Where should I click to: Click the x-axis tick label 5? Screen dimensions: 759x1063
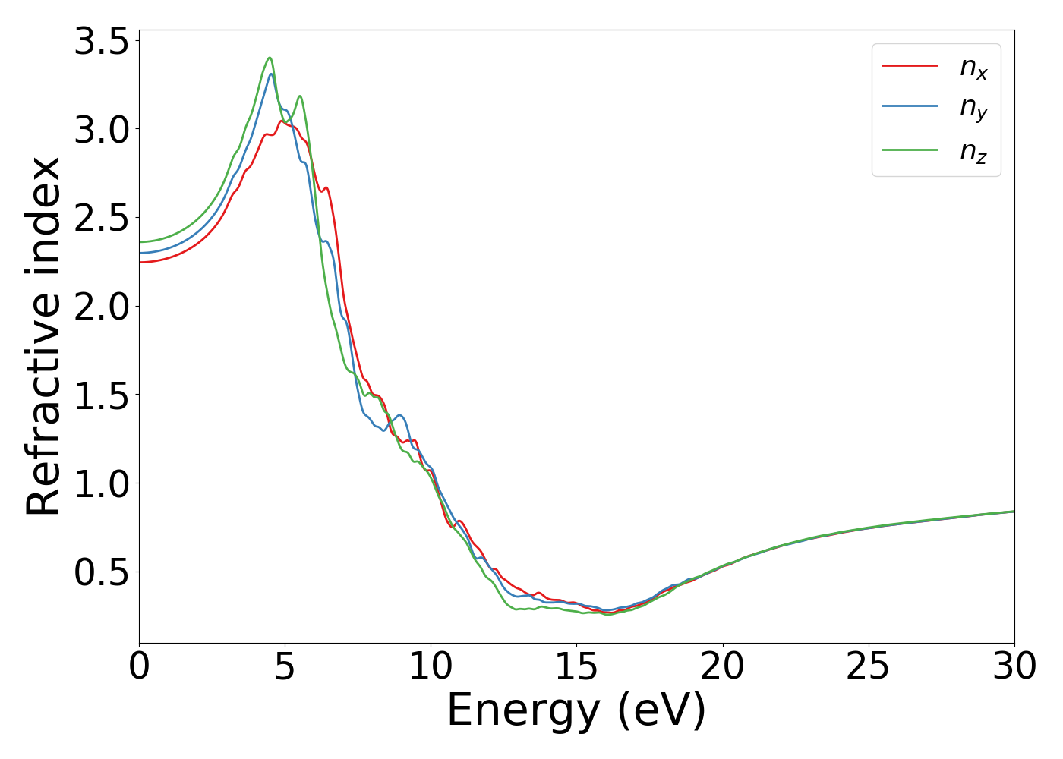point(285,667)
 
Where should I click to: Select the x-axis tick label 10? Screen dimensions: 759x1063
point(431,667)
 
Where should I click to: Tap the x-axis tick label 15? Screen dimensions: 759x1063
point(576,667)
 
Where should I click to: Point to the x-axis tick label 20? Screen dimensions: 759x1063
point(722,667)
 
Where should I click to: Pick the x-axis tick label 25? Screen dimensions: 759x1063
point(868,667)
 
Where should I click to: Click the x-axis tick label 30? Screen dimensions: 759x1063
point(1014,667)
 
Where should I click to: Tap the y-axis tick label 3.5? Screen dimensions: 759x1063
point(101,41)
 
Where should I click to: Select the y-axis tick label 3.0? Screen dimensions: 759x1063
point(101,130)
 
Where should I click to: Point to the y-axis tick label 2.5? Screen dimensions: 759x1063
point(101,219)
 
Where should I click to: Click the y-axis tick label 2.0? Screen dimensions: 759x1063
point(101,307)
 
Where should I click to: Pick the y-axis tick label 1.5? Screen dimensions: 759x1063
point(101,395)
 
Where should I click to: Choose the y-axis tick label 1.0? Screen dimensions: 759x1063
point(101,484)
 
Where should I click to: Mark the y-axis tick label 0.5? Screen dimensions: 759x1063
point(101,573)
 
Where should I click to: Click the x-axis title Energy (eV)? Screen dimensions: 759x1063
point(576,711)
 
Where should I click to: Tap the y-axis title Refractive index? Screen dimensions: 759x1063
point(43,336)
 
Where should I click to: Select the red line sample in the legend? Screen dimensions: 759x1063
point(910,66)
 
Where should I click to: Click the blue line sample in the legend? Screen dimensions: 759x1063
point(910,106)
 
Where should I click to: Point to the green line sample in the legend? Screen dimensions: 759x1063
point(910,150)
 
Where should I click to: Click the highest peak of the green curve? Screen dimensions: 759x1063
point(270,58)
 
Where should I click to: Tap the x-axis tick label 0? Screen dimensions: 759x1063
point(139,667)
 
